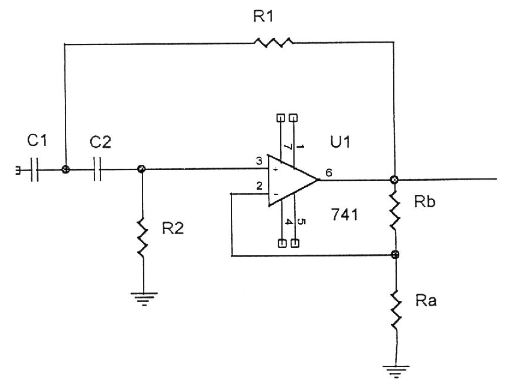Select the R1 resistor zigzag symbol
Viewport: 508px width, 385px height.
click(273, 43)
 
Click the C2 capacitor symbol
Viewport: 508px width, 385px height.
click(99, 170)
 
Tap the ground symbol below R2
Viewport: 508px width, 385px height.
click(143, 297)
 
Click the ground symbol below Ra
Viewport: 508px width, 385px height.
click(395, 368)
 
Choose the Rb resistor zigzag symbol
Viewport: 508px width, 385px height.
click(395, 210)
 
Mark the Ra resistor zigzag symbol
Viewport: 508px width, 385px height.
click(395, 308)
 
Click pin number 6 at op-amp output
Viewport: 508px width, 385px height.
click(328, 172)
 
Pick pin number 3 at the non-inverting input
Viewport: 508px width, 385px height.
click(259, 161)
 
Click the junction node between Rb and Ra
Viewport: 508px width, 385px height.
click(395, 255)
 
